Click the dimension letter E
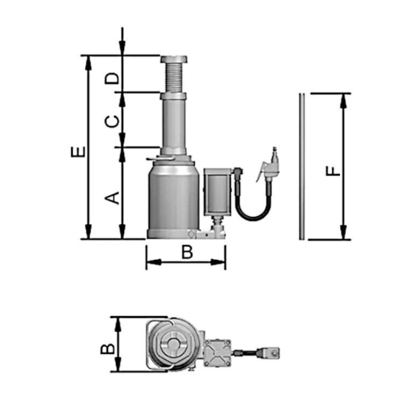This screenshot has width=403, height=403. pyautogui.click(x=78, y=152)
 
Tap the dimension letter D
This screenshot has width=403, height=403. pyautogui.click(x=112, y=78)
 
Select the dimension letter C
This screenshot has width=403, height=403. pyautogui.click(x=112, y=122)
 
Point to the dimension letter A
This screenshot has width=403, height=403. pyautogui.click(x=112, y=198)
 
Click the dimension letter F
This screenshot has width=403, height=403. pyautogui.click(x=333, y=171)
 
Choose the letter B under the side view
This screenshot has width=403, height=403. pyautogui.click(x=187, y=252)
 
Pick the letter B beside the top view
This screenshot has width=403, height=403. pyautogui.click(x=107, y=348)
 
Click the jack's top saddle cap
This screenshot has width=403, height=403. pyautogui.click(x=174, y=60)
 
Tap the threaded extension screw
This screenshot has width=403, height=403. pyautogui.click(x=174, y=78)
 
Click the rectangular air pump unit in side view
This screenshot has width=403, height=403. pyautogui.click(x=218, y=192)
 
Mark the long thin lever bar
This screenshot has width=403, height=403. pyautogui.click(x=302, y=166)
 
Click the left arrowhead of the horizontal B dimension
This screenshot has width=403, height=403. pyautogui.click(x=154, y=262)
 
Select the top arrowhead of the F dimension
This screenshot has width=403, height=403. pyautogui.click(x=343, y=100)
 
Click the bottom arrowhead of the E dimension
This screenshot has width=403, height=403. pyautogui.click(x=88, y=232)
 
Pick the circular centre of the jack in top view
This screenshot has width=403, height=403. pyautogui.click(x=174, y=344)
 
